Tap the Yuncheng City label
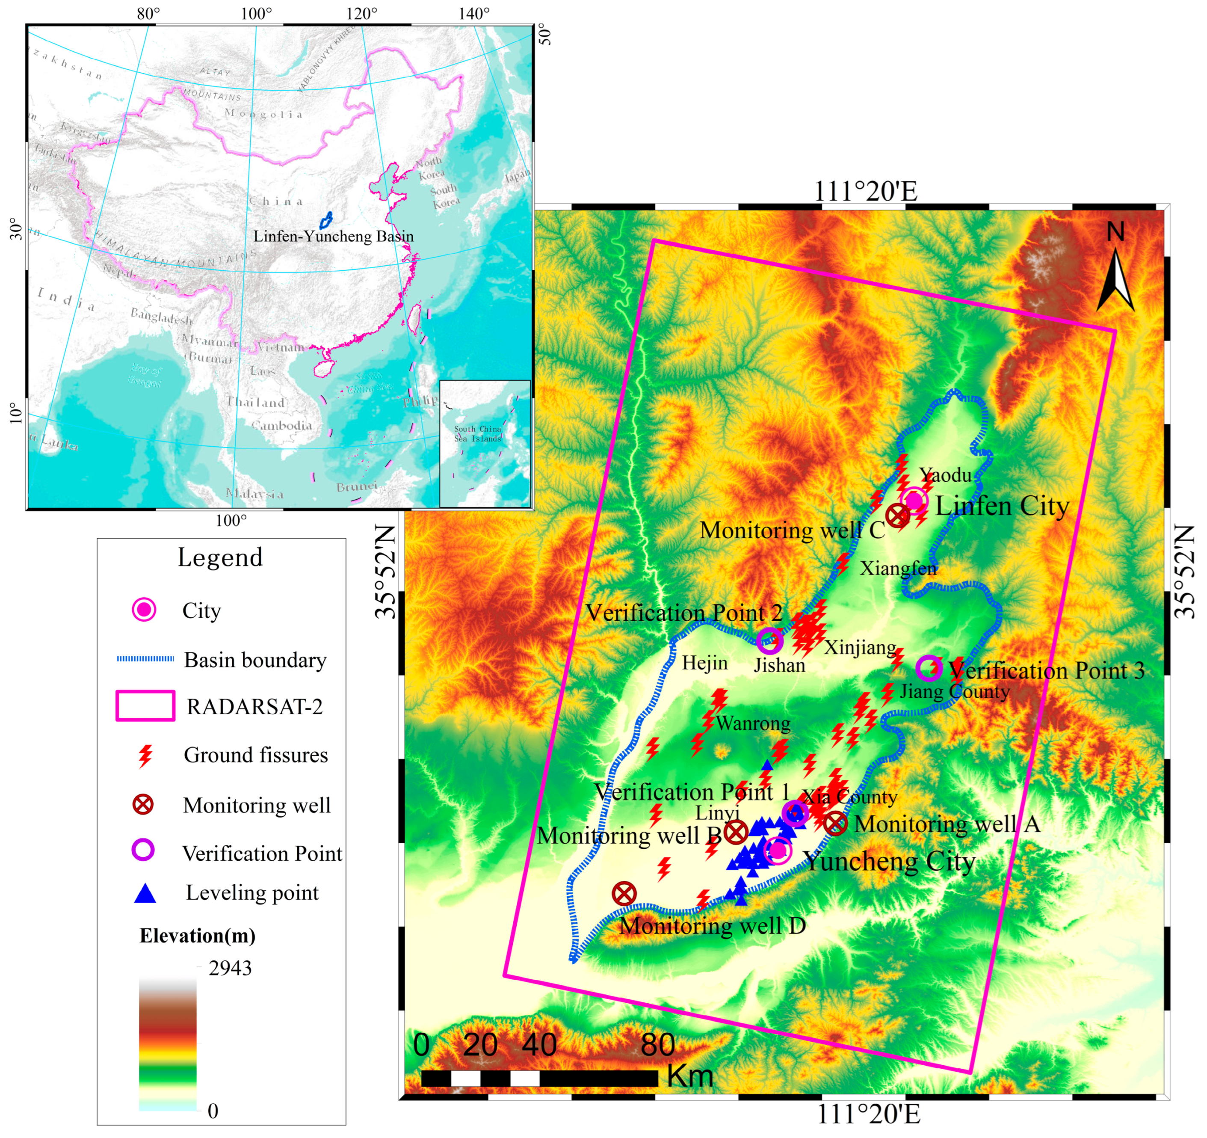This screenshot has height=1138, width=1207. click(890, 861)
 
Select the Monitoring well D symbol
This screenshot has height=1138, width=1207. click(624, 893)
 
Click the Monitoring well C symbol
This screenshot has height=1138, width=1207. click(897, 516)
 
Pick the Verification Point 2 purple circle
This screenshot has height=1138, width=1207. click(770, 640)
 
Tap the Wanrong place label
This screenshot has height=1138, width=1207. click(753, 723)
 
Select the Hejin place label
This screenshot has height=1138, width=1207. click(704, 663)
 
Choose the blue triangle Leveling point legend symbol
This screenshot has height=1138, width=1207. click(145, 893)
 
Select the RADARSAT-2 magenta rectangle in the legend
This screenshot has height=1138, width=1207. click(146, 705)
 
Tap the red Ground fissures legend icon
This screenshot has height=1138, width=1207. click(145, 756)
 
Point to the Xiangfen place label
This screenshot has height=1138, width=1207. click(898, 569)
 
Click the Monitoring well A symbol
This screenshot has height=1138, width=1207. click(835, 824)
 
